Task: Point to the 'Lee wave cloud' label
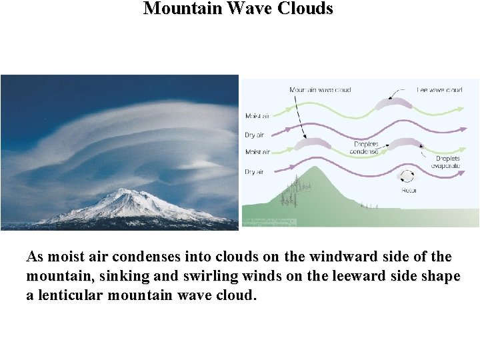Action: click(x=440, y=89)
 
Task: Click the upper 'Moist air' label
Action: click(x=257, y=117)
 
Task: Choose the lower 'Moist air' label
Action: click(x=257, y=152)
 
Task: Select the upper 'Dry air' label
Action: click(x=255, y=135)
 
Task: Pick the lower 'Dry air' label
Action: click(x=255, y=172)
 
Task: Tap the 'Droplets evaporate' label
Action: click(x=447, y=163)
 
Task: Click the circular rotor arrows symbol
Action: click(x=406, y=176)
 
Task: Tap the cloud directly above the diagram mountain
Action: click(x=312, y=143)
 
